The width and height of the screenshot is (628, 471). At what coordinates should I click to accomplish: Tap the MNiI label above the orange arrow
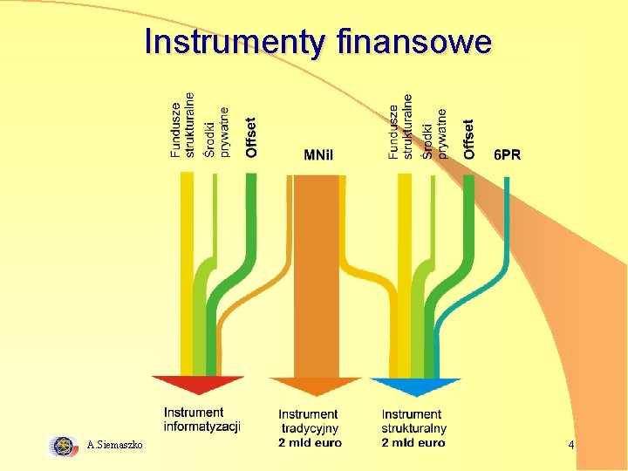[318, 156]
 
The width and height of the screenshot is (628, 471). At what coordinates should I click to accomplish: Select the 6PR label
[507, 155]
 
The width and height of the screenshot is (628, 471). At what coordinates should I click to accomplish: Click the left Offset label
[252, 138]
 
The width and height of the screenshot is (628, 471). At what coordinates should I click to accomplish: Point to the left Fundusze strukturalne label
[182, 126]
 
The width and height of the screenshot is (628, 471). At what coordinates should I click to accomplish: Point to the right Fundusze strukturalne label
[399, 133]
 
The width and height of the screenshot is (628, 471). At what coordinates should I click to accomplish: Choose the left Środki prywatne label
[216, 133]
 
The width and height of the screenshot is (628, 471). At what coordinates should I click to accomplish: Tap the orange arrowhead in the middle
[304, 386]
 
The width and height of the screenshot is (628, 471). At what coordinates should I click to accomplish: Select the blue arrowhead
[414, 386]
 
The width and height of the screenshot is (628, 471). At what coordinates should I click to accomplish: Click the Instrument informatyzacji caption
[201, 420]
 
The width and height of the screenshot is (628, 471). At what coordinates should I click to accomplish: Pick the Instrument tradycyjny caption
[309, 420]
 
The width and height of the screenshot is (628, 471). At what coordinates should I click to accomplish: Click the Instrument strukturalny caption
[413, 420]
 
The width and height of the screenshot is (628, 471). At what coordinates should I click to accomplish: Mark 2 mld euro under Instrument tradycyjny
[310, 442]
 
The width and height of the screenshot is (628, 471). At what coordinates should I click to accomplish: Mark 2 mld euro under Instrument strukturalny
[413, 442]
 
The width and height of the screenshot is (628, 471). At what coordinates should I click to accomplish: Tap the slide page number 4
[570, 446]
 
